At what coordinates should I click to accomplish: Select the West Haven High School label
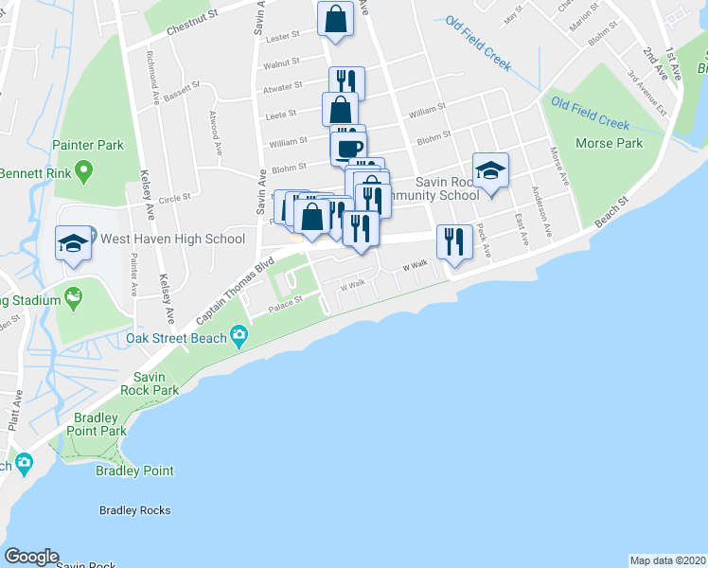point(172,239)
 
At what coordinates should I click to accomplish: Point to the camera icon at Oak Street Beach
point(239,334)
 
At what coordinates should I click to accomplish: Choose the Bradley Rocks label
point(135,510)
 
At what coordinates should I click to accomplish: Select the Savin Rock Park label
point(150,383)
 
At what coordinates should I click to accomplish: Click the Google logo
point(31,557)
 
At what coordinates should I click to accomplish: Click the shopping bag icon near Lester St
point(336,18)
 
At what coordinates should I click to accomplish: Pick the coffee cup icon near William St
point(347,147)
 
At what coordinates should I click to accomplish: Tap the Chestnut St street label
point(192,30)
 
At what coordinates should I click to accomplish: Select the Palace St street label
point(283,304)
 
